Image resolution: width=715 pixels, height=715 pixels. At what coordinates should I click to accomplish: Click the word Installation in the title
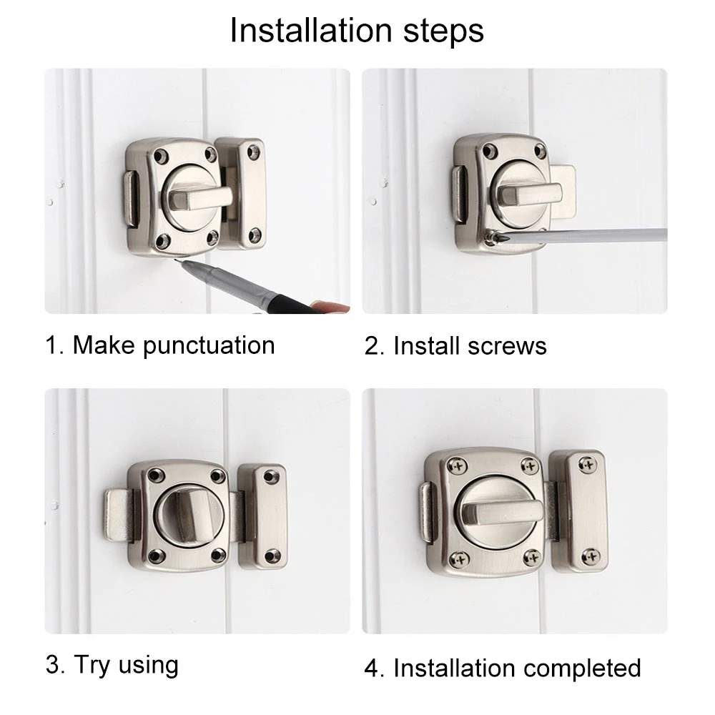click(311, 30)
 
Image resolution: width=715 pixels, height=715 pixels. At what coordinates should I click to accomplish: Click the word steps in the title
click(444, 32)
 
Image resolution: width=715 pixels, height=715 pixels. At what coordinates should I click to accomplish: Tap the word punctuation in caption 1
click(209, 345)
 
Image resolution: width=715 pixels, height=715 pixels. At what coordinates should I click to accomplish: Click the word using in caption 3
click(148, 666)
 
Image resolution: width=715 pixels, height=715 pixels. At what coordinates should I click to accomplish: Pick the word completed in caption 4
click(582, 669)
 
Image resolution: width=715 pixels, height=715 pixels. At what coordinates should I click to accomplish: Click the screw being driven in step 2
click(490, 237)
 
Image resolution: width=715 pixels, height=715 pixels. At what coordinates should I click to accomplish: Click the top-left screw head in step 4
click(458, 466)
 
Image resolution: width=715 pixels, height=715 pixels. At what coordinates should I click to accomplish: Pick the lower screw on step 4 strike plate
click(590, 556)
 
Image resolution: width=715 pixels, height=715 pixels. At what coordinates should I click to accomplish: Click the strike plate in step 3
click(262, 516)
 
